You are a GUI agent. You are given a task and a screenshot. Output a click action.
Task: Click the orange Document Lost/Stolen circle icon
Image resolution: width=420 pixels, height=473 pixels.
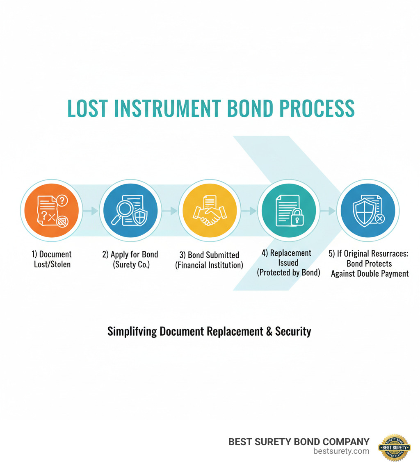point(51,211)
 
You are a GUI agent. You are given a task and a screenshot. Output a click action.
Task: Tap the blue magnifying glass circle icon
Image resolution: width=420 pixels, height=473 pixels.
point(130,211)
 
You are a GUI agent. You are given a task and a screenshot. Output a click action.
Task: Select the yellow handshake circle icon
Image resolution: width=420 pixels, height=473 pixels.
point(210,211)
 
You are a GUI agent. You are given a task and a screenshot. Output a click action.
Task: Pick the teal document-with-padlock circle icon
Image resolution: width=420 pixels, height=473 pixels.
point(289,211)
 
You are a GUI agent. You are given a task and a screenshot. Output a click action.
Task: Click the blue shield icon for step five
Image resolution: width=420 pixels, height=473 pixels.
point(368,211)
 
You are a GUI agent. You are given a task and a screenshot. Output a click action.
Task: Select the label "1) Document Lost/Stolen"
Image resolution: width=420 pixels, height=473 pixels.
point(52,259)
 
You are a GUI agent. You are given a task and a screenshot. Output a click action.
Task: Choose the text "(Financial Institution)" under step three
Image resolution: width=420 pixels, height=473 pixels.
point(209,265)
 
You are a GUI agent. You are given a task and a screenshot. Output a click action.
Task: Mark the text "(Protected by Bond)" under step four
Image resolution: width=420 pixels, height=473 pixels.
point(288,272)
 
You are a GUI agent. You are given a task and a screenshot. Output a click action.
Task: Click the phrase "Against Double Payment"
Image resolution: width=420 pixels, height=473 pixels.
point(370,273)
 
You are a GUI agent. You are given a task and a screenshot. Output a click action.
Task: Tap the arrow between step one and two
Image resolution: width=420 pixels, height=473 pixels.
point(91,211)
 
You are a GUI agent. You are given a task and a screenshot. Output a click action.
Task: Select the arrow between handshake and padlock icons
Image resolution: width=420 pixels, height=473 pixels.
point(249,211)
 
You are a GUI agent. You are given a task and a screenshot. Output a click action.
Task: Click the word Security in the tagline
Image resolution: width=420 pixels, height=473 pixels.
point(293,331)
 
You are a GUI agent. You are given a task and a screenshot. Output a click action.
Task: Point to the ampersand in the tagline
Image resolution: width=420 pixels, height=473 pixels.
point(269,331)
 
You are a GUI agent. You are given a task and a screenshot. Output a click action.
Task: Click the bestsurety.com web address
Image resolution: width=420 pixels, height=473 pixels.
point(341,451)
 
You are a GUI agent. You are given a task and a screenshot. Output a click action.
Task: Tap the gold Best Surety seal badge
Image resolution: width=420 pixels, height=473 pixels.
point(394,448)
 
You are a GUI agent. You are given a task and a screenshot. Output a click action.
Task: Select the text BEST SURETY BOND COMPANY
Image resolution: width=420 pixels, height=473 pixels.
point(299,441)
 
